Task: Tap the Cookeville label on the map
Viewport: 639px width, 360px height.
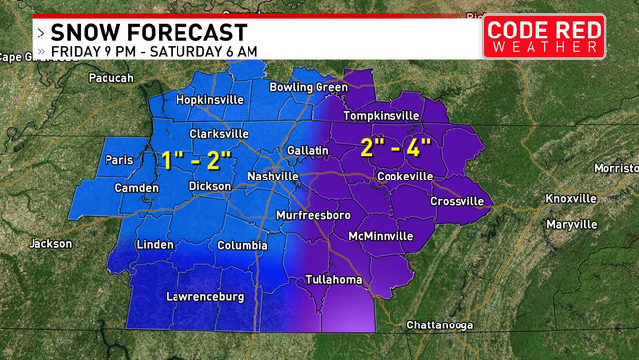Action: click(x=404, y=176)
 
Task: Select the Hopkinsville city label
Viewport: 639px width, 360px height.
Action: click(x=208, y=100)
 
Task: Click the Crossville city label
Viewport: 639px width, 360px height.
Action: click(x=457, y=201)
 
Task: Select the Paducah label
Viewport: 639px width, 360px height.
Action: click(x=110, y=77)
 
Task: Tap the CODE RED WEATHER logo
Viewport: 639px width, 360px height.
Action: click(x=543, y=36)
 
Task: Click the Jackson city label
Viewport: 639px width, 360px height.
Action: click(x=50, y=243)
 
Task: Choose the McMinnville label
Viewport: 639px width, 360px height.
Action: click(x=383, y=236)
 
